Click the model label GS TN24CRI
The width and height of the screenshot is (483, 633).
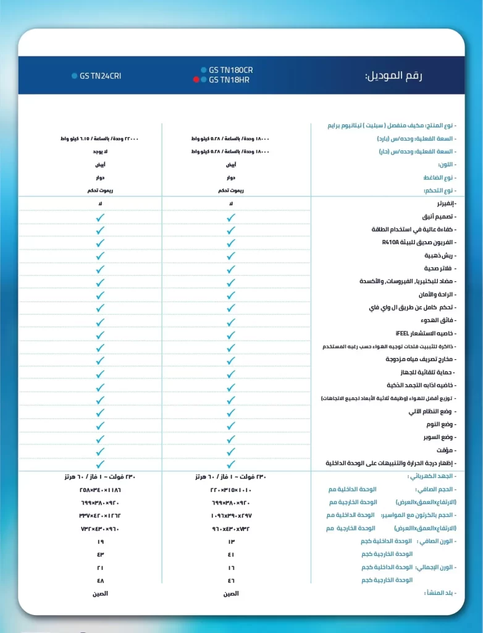coord(100,77)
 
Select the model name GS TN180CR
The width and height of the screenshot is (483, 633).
coord(230,70)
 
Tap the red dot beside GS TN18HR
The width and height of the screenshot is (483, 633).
coord(196,80)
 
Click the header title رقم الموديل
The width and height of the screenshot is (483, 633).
coord(393,76)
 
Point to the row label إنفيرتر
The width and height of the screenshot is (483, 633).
coord(445,203)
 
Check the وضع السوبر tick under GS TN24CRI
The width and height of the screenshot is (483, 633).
coord(101,437)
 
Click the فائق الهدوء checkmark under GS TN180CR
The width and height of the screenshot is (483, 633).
coord(230,320)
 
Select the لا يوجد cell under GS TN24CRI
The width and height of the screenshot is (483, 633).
coord(101,152)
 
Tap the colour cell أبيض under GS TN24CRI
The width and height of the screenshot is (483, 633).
coord(101,165)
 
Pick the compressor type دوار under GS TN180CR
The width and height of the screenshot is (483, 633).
coord(230,178)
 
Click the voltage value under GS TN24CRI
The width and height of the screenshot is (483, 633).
coord(101,477)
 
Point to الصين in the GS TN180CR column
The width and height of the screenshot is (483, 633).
coord(230,593)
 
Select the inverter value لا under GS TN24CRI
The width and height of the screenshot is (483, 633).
coord(101,203)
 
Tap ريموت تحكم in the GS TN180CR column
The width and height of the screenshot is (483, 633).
coord(230,191)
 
